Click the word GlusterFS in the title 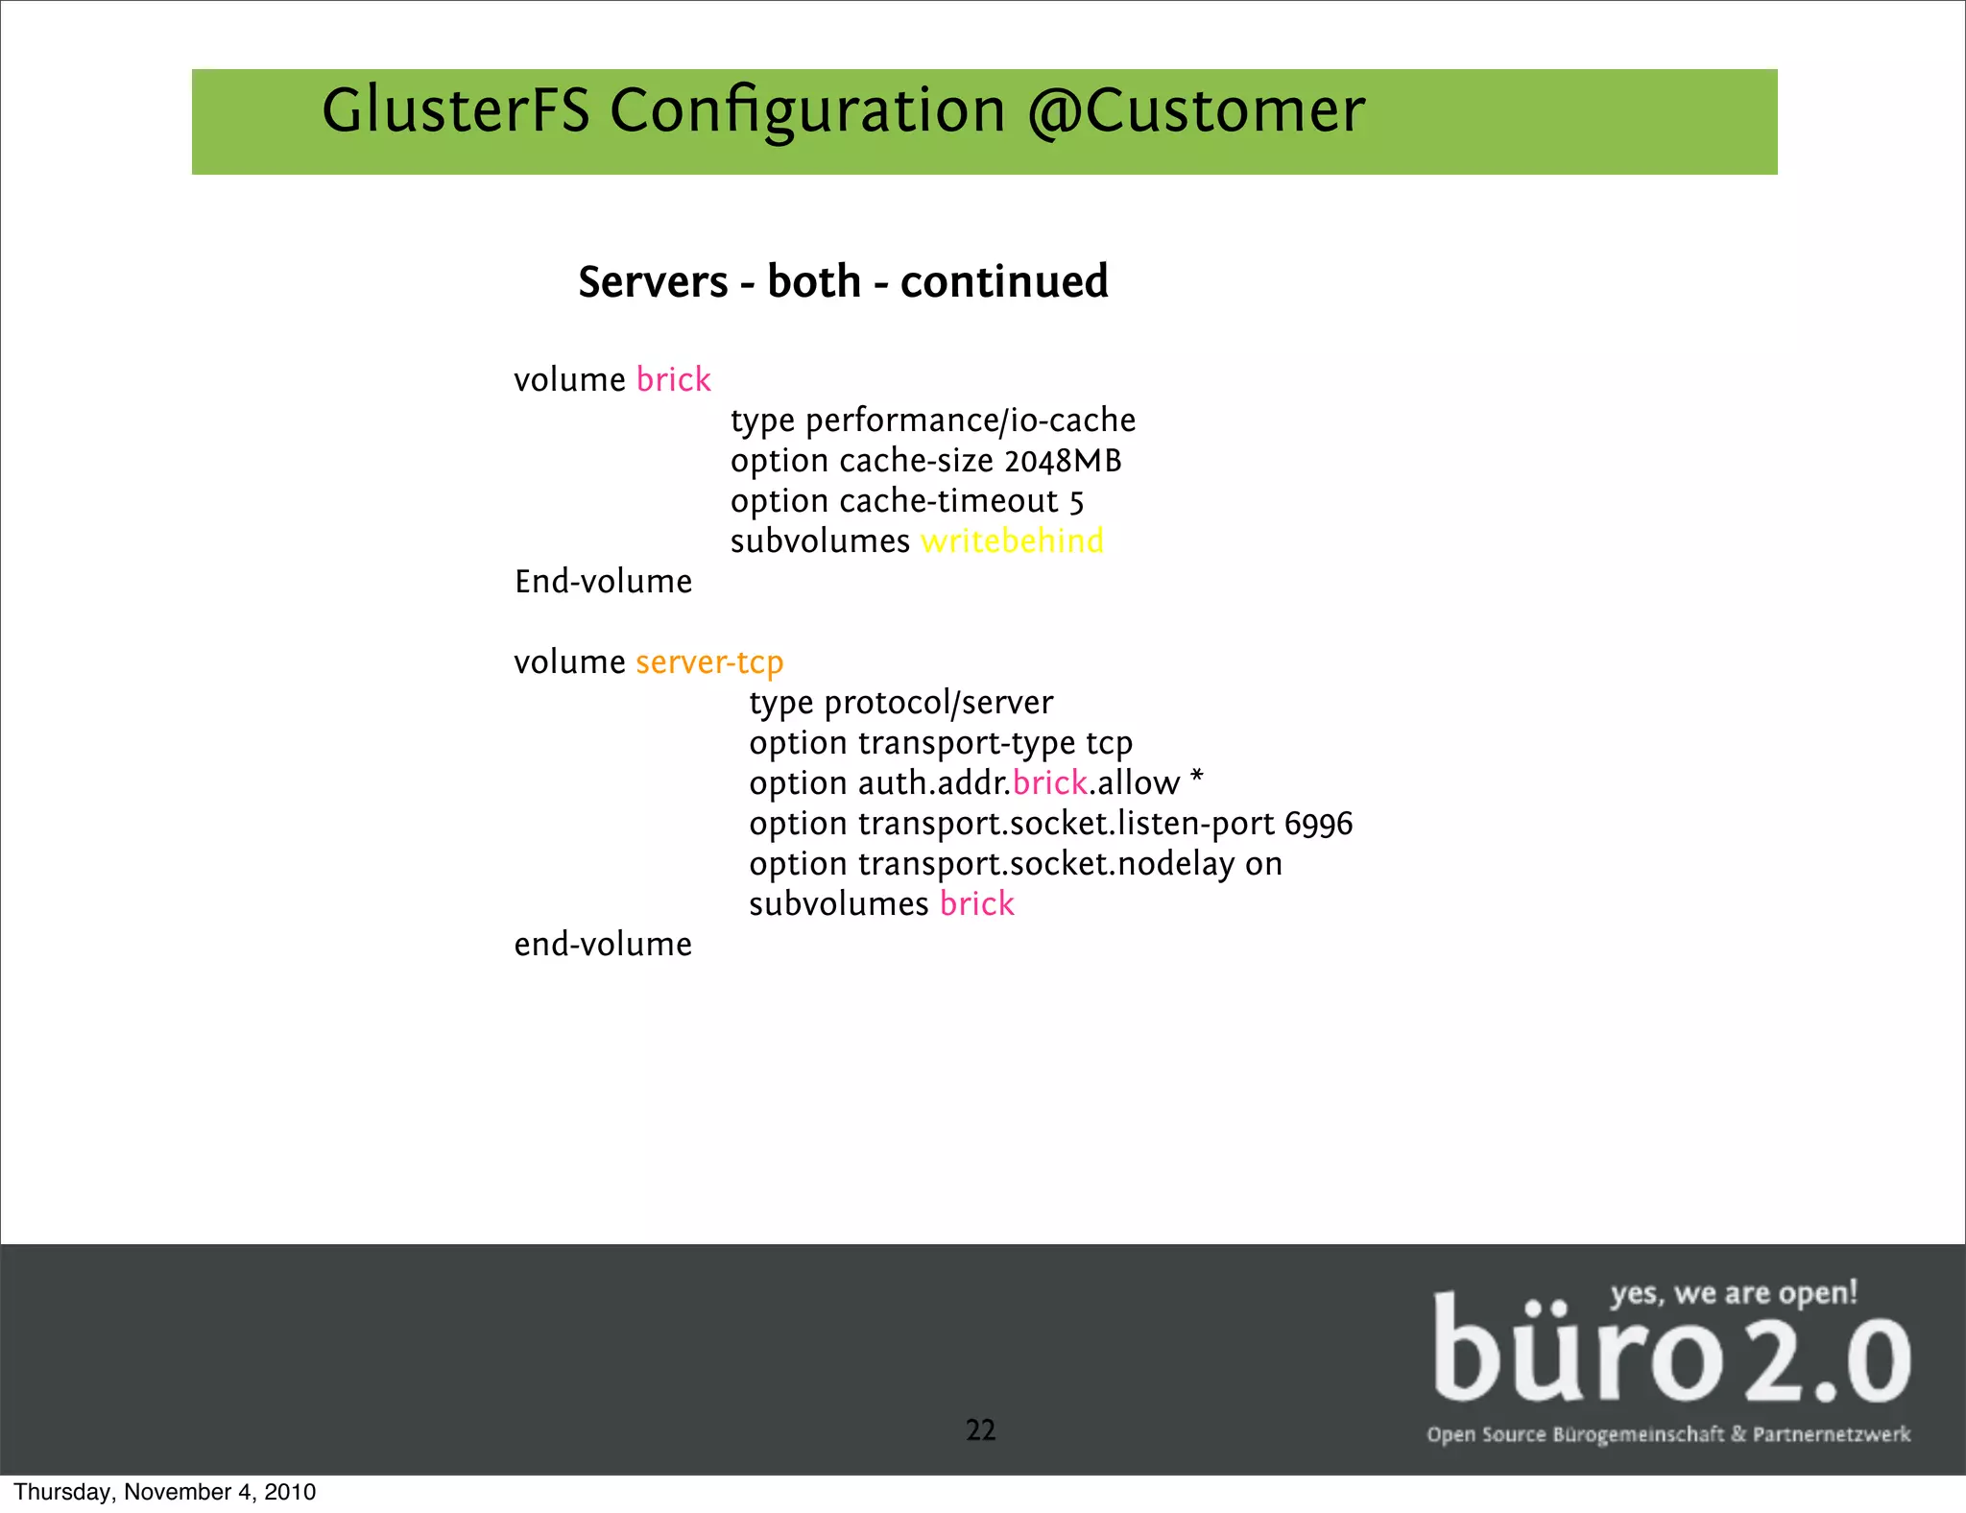click(x=455, y=110)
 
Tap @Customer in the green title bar click(x=1195, y=110)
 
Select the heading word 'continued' click(x=1004, y=281)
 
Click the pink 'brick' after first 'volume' click(x=673, y=379)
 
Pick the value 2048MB click(x=1063, y=461)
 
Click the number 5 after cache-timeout click(x=1076, y=502)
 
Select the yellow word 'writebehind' click(x=1012, y=541)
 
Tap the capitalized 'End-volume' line click(x=603, y=582)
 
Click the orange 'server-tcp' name click(x=709, y=662)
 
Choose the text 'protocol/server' click(x=938, y=703)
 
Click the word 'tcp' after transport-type click(x=1109, y=743)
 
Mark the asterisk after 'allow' click(x=1196, y=778)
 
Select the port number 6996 click(x=1318, y=824)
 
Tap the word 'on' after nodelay click(x=1263, y=864)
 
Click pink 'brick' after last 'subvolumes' click(x=976, y=904)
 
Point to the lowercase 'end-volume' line click(x=603, y=945)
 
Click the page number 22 click(x=980, y=1430)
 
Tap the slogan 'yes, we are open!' click(x=1734, y=1293)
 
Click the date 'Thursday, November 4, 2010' click(x=164, y=1492)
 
